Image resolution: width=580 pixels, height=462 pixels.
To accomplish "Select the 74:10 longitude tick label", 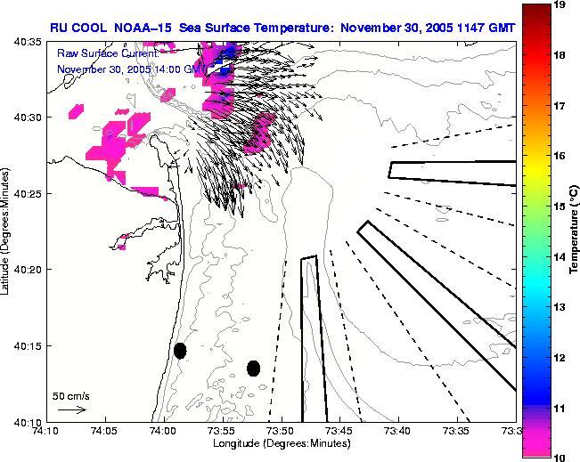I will click(x=45, y=431).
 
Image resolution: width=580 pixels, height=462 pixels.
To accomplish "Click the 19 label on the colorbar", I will click(x=562, y=5).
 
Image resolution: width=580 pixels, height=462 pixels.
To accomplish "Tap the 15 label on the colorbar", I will click(x=562, y=206).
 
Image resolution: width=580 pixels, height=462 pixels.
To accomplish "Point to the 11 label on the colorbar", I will click(x=562, y=407).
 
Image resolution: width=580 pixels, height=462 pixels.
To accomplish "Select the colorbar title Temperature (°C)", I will click(x=576, y=231).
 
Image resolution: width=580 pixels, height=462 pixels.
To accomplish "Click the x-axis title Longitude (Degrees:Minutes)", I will click(x=281, y=443).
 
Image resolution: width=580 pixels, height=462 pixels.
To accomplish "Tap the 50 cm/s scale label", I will click(x=70, y=395).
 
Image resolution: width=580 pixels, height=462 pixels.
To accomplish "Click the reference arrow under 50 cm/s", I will click(x=71, y=409).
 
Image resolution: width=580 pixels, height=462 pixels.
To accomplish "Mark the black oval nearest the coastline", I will click(x=180, y=351).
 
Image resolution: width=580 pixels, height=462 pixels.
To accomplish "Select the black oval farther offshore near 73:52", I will click(x=253, y=368).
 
